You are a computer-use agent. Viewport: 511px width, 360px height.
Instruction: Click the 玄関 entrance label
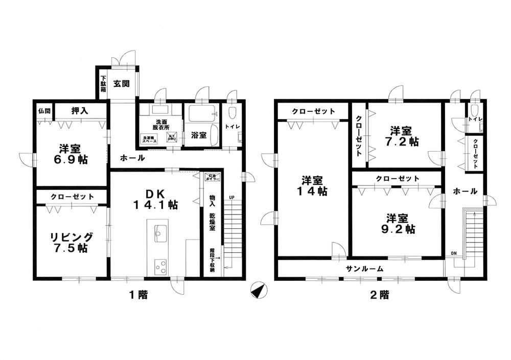tap(120, 84)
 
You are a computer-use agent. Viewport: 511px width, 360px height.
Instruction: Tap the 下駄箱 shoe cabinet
tap(103, 84)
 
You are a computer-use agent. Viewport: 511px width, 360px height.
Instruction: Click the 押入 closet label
tap(78, 110)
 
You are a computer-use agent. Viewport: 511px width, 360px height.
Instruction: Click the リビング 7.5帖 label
tap(71, 243)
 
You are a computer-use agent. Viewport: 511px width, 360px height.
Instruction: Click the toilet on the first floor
tap(233, 113)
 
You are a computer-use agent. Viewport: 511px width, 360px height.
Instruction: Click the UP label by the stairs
tap(231, 197)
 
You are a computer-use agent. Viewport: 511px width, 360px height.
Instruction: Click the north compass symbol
tap(259, 291)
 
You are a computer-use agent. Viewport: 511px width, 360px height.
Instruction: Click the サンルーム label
tap(365, 269)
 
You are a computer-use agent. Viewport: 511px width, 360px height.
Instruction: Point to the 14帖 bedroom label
tap(313, 186)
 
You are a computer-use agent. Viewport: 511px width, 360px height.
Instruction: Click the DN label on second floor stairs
tap(454, 254)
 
